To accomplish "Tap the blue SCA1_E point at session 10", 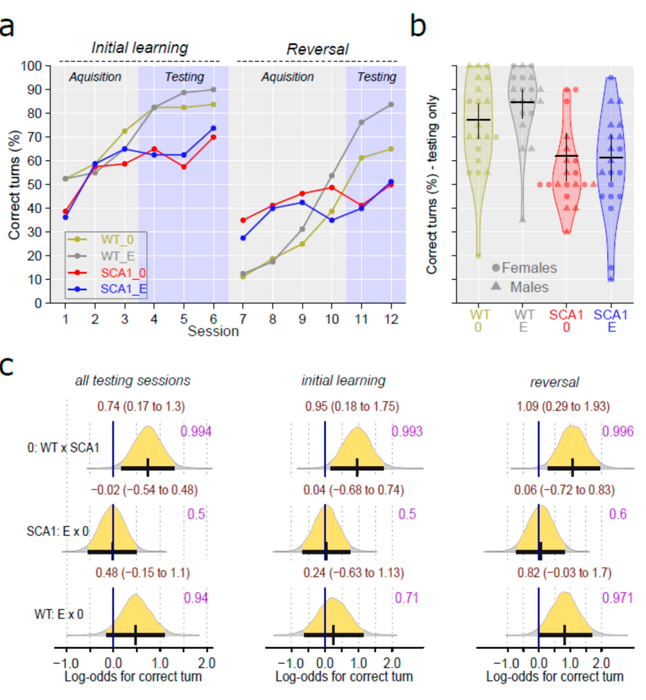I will click(x=332, y=220).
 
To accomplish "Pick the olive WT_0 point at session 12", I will click(x=391, y=149).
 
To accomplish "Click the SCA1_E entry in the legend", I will click(x=123, y=289).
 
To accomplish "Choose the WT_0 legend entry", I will click(x=117, y=240).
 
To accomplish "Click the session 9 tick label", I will click(x=302, y=319).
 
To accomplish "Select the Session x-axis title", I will click(x=213, y=331).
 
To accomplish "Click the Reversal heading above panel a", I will click(x=317, y=49).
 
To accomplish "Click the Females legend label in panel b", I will click(x=529, y=268).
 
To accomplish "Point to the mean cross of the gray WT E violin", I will click(x=523, y=102).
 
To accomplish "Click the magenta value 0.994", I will click(x=196, y=431).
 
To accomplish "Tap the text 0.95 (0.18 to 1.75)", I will click(x=352, y=407).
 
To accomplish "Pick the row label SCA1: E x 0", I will click(x=58, y=531).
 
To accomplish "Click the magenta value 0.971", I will click(x=617, y=598).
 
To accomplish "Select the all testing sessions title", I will click(x=133, y=381).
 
